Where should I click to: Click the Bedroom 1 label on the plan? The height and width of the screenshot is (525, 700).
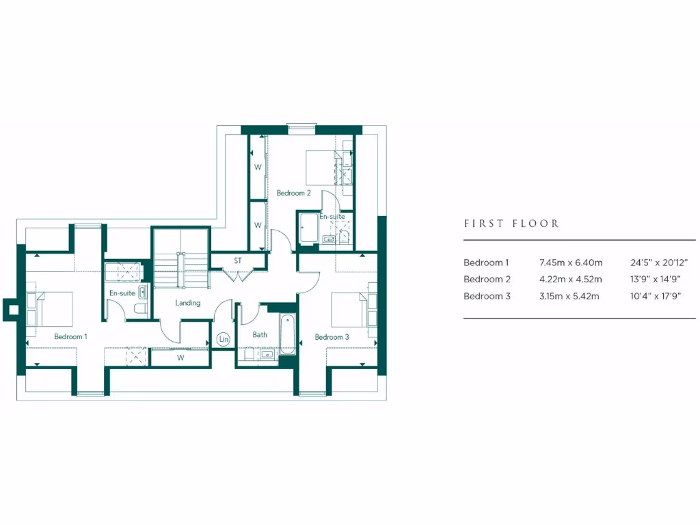(x=70, y=336)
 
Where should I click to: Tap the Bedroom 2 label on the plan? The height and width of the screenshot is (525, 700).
(x=293, y=193)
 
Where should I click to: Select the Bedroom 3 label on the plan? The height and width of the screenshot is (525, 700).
(x=332, y=337)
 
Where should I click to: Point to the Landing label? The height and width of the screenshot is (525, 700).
(x=187, y=303)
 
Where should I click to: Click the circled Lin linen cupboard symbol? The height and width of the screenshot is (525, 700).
(x=224, y=338)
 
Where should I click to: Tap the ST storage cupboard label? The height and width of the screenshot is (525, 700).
(x=238, y=260)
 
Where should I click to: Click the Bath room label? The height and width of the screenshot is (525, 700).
(x=260, y=335)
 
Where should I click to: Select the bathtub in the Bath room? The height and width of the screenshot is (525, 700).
(x=288, y=334)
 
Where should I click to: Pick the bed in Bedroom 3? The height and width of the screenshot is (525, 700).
(x=349, y=310)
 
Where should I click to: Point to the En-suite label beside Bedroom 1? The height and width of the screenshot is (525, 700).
(x=122, y=293)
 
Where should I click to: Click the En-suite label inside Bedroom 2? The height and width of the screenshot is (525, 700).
(x=332, y=217)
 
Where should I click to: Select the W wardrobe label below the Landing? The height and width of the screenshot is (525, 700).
(x=180, y=358)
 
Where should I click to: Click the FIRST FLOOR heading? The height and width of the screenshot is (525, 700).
(x=511, y=224)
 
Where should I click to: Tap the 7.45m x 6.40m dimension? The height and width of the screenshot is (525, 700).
(x=570, y=262)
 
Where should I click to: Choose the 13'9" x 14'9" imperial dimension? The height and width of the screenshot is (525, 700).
(x=655, y=279)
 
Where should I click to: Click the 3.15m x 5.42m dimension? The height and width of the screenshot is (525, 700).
(x=569, y=296)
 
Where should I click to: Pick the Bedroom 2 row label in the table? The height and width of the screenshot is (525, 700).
(x=487, y=279)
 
